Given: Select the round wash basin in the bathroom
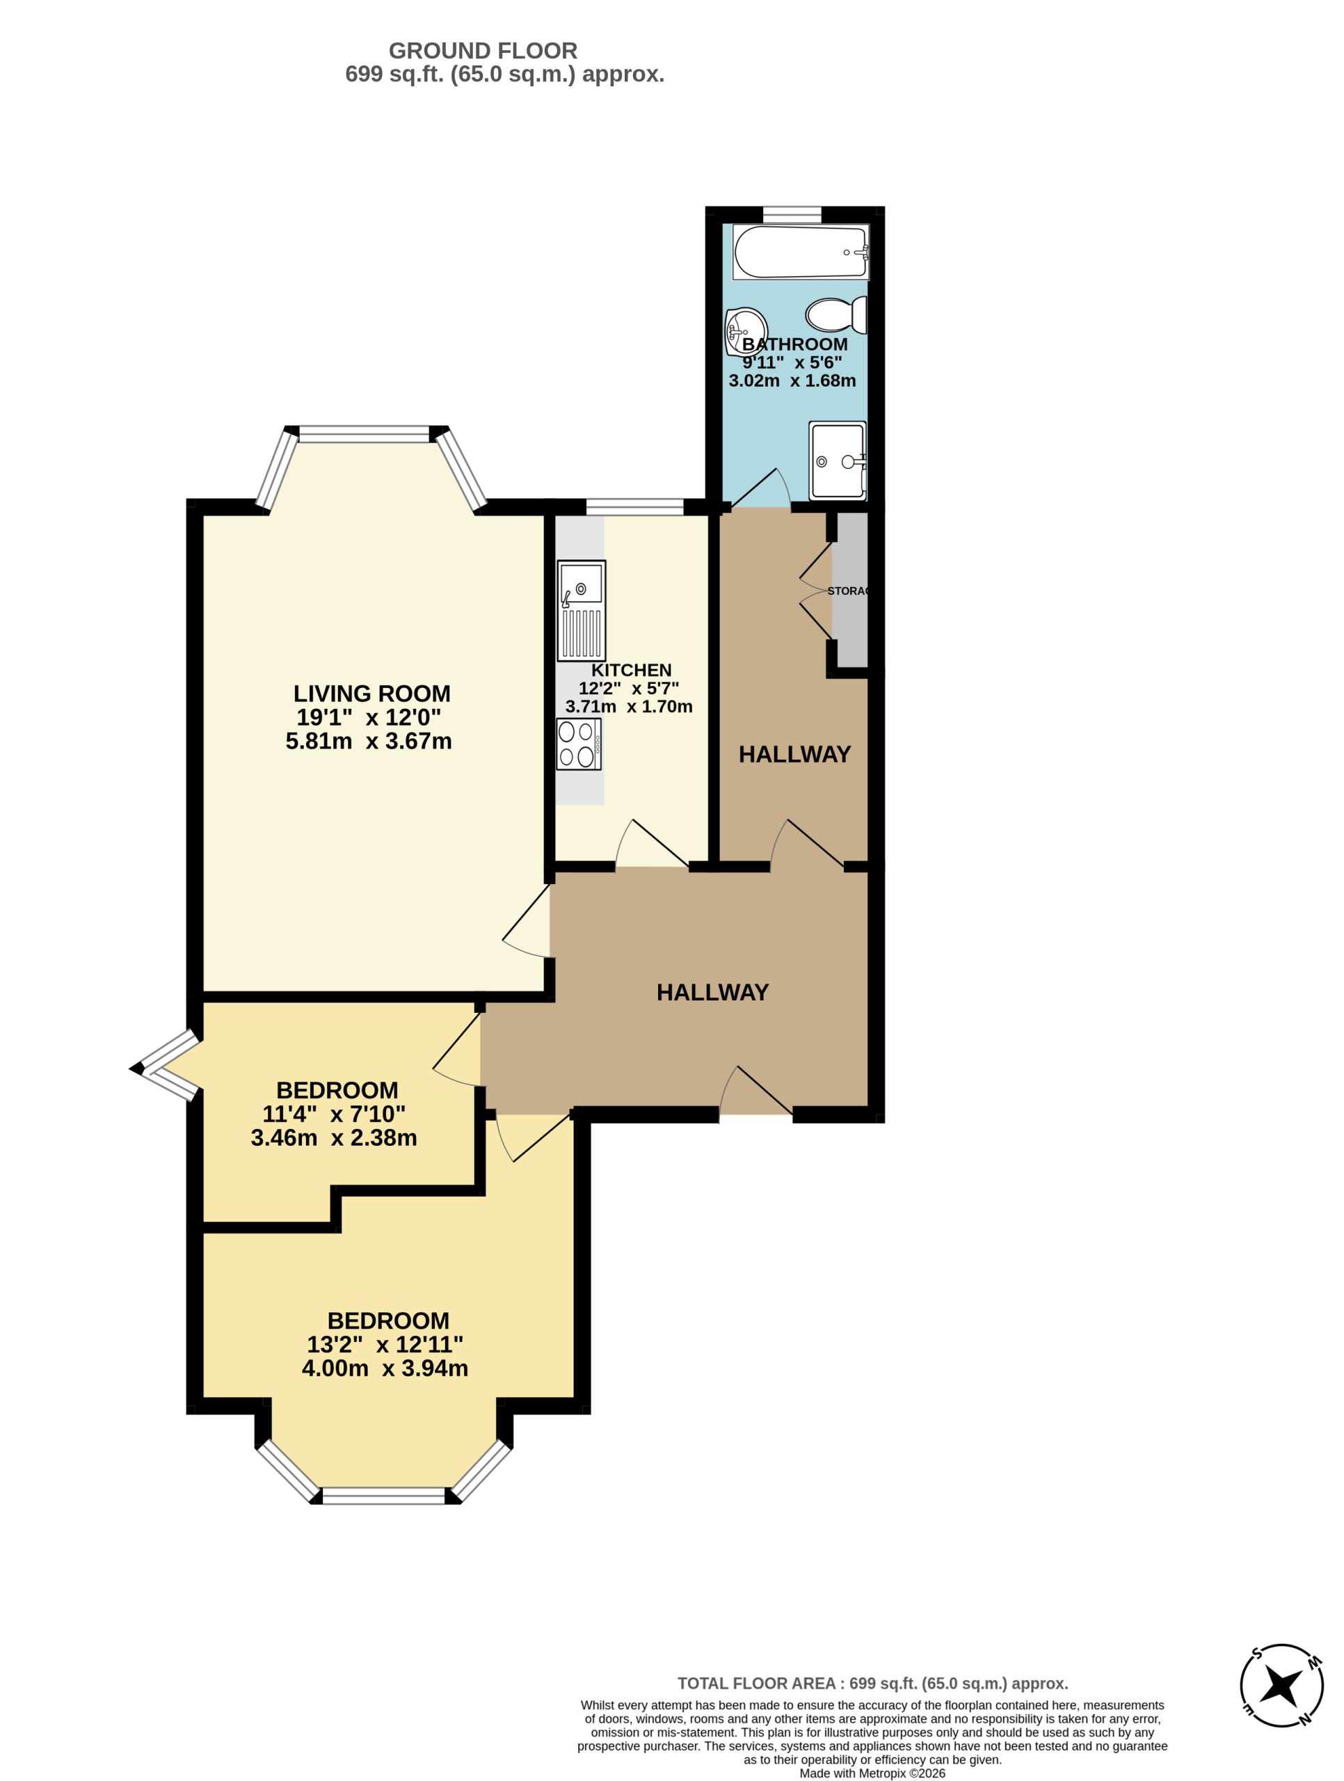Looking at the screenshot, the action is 745,332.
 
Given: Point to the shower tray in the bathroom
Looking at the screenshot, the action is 838,461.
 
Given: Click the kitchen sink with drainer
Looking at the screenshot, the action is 581,610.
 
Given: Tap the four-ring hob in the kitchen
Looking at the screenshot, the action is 579,744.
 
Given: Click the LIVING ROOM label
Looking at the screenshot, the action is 371,693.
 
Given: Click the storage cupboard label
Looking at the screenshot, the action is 848,591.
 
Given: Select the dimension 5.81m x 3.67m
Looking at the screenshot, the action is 369,741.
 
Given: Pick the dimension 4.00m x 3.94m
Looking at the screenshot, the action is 385,1368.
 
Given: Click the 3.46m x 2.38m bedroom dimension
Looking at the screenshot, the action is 334,1137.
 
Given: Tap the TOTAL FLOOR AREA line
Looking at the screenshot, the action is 873,1683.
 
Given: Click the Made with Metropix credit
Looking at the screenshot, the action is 872,1773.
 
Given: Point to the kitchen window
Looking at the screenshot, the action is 634,506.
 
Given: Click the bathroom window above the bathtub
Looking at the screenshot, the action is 792,215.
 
